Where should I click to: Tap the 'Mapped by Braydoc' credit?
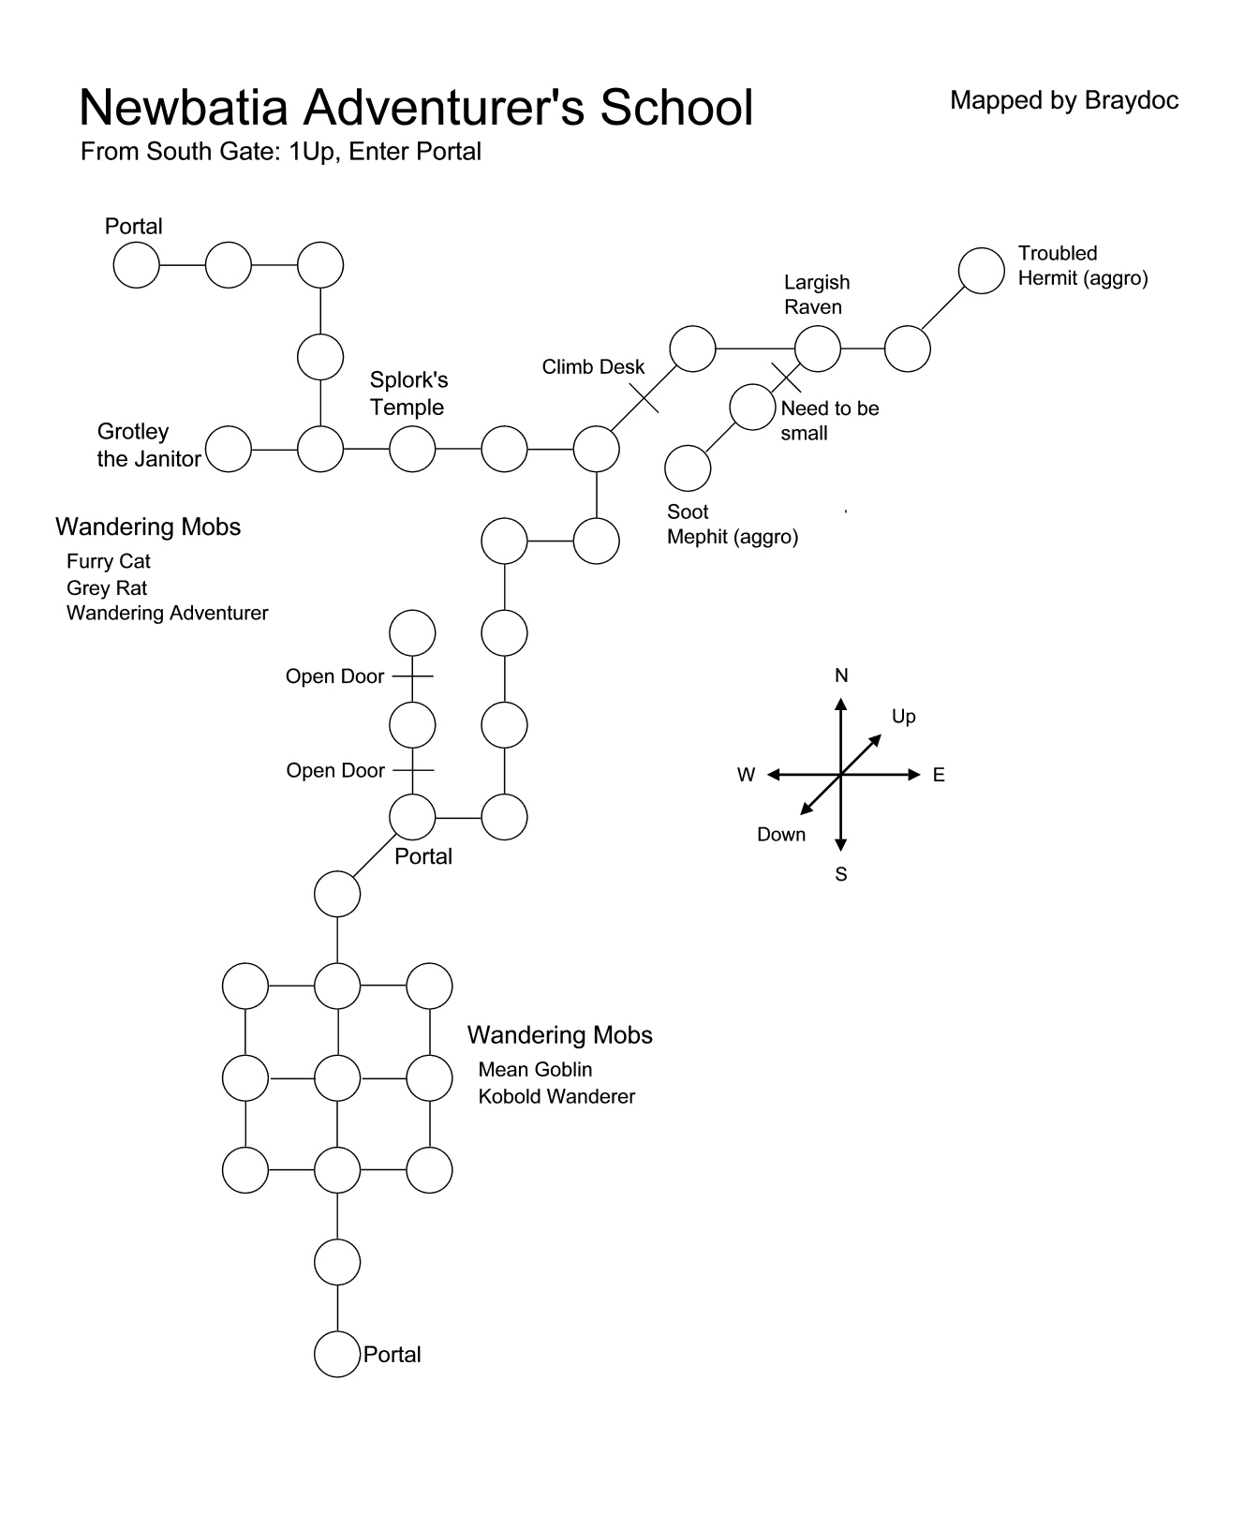1064,100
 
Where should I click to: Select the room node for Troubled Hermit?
982,271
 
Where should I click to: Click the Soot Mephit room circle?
688,468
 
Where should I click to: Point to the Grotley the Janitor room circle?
229,449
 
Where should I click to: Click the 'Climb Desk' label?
593,367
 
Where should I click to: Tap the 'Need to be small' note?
830,421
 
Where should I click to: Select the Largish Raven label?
817,294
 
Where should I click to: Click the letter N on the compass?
841,675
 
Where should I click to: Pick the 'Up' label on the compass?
903,717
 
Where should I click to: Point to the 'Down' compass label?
781,835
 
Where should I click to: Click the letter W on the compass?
746,775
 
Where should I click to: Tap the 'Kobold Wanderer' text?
556,1096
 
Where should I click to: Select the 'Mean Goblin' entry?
535,1070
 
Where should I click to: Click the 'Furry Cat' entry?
109,561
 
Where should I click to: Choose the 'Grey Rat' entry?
107,588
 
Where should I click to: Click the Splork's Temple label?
408,393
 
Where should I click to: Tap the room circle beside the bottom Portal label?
337,1354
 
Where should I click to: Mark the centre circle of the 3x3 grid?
337,1077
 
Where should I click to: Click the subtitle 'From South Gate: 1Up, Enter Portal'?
281,152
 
